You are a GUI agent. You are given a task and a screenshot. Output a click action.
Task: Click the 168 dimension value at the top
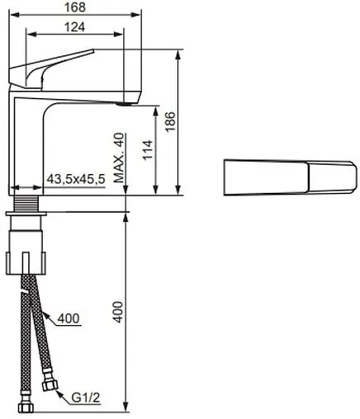[75, 7]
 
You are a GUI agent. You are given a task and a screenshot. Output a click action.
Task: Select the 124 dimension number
[75, 27]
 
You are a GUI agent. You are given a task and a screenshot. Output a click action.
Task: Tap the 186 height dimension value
[171, 122]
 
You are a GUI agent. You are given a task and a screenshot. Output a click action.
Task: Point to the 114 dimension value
[148, 150]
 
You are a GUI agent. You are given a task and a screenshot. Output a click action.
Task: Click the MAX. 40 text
[119, 158]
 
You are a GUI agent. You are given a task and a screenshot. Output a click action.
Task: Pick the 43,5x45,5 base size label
[76, 179]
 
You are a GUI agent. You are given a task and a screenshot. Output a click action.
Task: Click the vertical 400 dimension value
[118, 312]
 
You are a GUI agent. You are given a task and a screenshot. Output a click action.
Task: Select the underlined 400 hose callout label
[69, 318]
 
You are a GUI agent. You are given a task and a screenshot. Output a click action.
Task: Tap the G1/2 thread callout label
[86, 398]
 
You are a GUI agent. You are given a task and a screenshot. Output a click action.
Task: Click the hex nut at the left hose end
[26, 407]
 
